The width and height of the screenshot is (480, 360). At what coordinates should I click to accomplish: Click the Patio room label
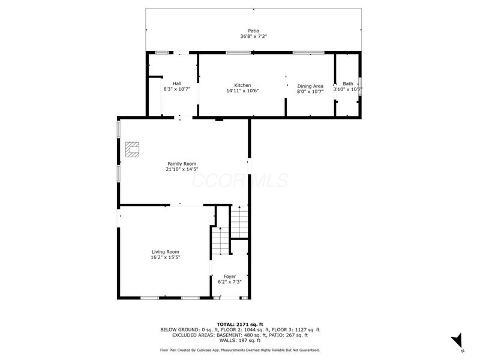(254, 31)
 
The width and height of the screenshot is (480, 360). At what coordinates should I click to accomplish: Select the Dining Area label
(310, 86)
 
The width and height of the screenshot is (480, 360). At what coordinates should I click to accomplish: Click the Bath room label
(348, 84)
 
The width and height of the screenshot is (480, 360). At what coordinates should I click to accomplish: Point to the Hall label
(177, 83)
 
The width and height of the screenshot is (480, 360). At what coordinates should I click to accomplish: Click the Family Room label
(182, 163)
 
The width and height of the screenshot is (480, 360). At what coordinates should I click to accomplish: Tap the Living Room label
(165, 251)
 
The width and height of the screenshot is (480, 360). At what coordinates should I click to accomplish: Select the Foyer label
(229, 276)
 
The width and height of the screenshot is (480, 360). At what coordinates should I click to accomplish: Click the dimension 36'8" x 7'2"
(254, 36)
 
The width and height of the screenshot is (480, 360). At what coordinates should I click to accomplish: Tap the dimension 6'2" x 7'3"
(229, 281)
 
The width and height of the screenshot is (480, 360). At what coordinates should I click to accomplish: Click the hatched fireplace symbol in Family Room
(132, 149)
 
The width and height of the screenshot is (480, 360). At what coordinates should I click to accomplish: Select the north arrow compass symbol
(457, 340)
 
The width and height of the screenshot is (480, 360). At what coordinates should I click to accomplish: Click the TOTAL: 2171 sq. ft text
(239, 324)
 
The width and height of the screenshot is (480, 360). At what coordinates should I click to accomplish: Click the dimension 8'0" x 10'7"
(310, 91)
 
